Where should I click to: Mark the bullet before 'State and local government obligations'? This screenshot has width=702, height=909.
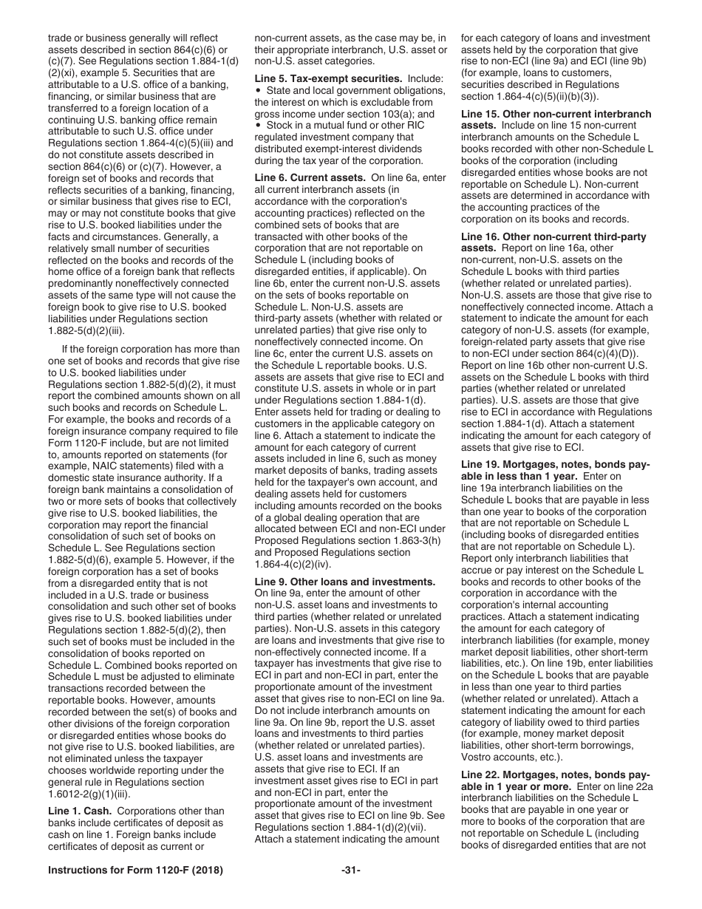point(258,90)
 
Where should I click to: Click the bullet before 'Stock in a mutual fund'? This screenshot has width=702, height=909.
point(258,125)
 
